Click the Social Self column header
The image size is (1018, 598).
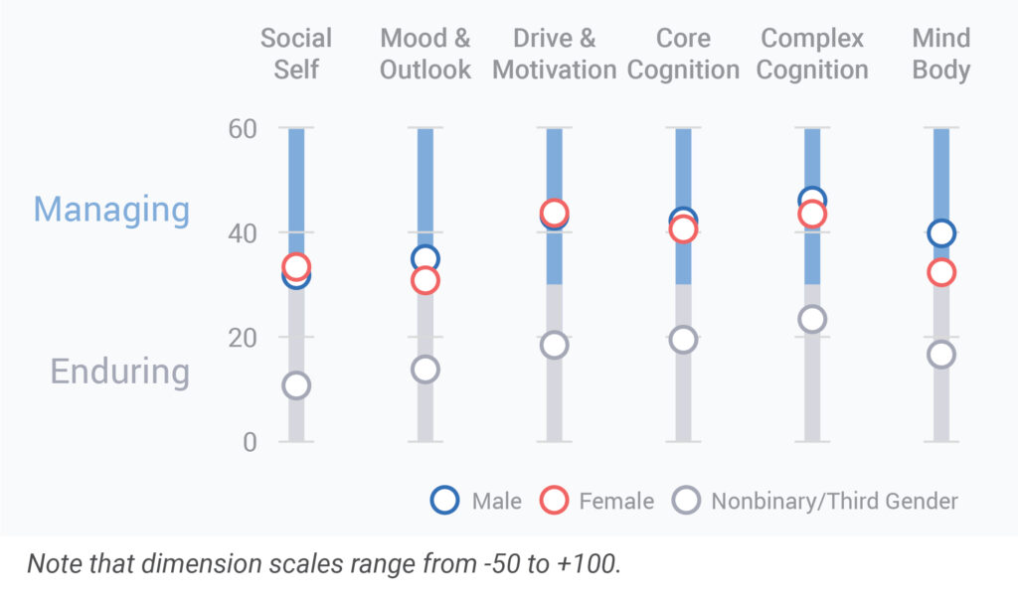(x=296, y=54)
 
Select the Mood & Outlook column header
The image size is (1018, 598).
(x=425, y=54)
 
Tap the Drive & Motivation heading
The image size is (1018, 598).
(x=555, y=54)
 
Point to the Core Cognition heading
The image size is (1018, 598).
(x=683, y=54)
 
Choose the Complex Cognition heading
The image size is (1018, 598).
(x=813, y=54)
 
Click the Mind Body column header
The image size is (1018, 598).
(x=940, y=54)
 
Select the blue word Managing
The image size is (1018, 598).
(x=111, y=210)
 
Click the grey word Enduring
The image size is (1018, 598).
(x=119, y=372)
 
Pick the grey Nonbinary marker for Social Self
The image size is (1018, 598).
(x=296, y=385)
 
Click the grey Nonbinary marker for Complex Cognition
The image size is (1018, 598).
(x=812, y=319)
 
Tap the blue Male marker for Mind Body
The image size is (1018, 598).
(x=940, y=233)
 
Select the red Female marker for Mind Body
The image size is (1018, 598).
(x=940, y=272)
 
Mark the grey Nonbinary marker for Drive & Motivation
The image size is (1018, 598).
(x=555, y=345)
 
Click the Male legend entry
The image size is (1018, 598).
(x=476, y=501)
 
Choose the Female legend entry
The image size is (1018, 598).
(x=596, y=501)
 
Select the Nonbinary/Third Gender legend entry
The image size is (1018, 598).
(x=815, y=501)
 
